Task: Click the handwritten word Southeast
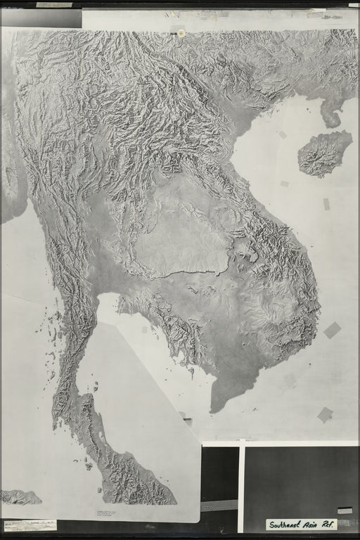(286, 525)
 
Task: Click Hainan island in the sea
(324, 153)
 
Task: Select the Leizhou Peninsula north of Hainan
(331, 112)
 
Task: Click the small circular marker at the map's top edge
(181, 33)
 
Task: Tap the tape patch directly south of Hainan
(326, 204)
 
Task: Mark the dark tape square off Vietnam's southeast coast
(332, 330)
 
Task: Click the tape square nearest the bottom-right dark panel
(325, 415)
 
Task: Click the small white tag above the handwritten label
(345, 510)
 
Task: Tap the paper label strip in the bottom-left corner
(30, 525)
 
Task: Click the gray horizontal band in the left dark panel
(219, 506)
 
